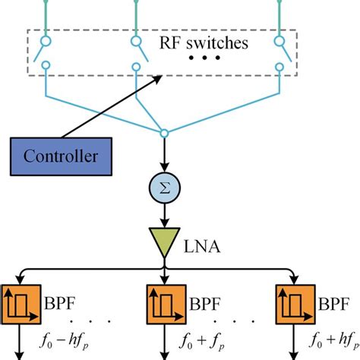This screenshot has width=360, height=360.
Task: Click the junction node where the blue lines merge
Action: pos(163,135)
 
